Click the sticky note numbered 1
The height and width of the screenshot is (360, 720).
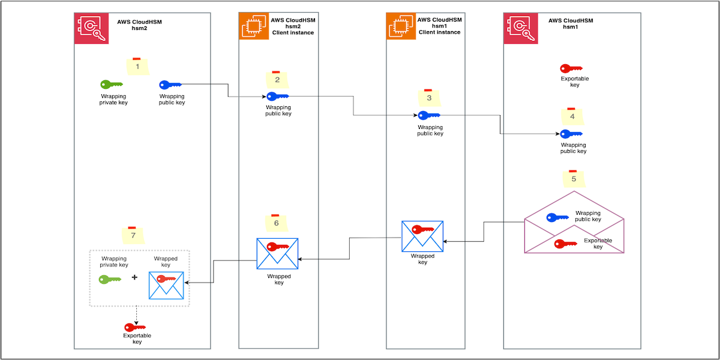[x=137, y=67]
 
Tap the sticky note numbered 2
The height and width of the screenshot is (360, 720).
[x=277, y=79]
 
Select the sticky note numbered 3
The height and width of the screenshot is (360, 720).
[x=428, y=98]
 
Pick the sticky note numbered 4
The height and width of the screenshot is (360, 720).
[x=571, y=116]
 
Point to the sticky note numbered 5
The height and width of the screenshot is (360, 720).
[x=573, y=178]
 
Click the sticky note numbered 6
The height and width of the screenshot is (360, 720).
[x=276, y=222]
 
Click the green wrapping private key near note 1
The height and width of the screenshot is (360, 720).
[x=111, y=85]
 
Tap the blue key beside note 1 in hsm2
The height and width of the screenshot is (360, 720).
[x=170, y=85]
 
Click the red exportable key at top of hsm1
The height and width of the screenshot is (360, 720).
[x=571, y=68]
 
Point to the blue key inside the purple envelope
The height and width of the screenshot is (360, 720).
[x=557, y=218]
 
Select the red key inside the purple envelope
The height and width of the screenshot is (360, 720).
[x=565, y=244]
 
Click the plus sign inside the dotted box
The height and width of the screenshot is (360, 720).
[x=134, y=278]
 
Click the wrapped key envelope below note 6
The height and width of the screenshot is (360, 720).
[x=277, y=253]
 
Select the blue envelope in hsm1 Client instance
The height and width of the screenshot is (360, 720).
[x=422, y=235]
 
